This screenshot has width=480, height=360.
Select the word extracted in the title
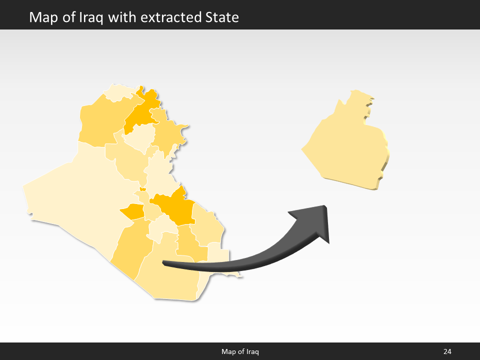tap(170, 17)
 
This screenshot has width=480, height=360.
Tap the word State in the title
tap(222, 17)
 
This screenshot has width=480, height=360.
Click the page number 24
tap(447, 351)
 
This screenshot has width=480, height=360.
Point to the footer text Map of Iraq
tap(240, 351)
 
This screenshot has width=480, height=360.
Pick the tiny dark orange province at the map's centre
tap(143, 189)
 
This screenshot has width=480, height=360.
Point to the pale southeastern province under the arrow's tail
tap(218, 252)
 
